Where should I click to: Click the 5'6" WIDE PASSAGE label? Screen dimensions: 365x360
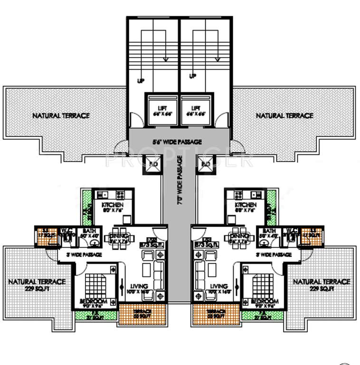177,142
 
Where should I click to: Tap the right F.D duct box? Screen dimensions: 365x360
206,164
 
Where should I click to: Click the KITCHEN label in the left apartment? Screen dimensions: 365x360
113,205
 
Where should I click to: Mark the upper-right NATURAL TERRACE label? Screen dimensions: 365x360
284,115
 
